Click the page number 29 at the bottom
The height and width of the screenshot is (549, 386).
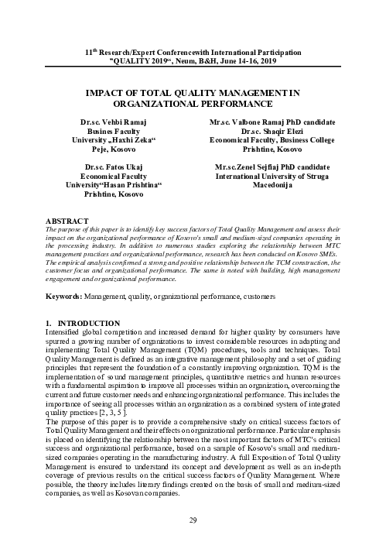(193, 520)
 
